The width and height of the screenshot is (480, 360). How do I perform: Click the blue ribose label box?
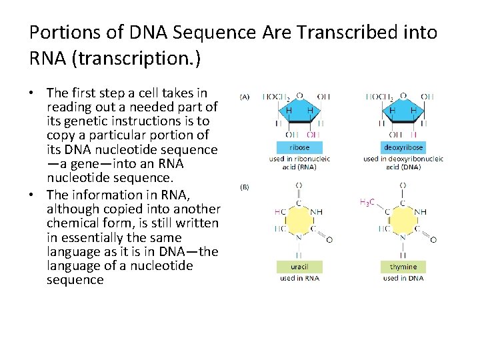[x=299, y=147]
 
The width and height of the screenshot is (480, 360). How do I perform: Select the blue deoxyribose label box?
[x=403, y=147]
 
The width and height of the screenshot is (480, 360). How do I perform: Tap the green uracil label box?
[x=299, y=266]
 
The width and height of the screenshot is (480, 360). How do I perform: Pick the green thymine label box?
[x=403, y=266]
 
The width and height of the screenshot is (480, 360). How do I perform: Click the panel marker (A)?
[x=244, y=97]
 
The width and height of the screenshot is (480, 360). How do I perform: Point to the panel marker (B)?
[x=244, y=187]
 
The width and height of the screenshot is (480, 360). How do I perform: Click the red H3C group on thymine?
[x=367, y=202]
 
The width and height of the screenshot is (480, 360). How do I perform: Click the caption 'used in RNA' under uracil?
[x=299, y=278]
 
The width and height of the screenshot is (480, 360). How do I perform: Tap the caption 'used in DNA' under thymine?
[x=403, y=278]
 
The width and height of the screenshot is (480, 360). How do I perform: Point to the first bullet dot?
[x=34, y=93]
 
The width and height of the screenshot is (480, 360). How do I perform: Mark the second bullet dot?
[x=34, y=195]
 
